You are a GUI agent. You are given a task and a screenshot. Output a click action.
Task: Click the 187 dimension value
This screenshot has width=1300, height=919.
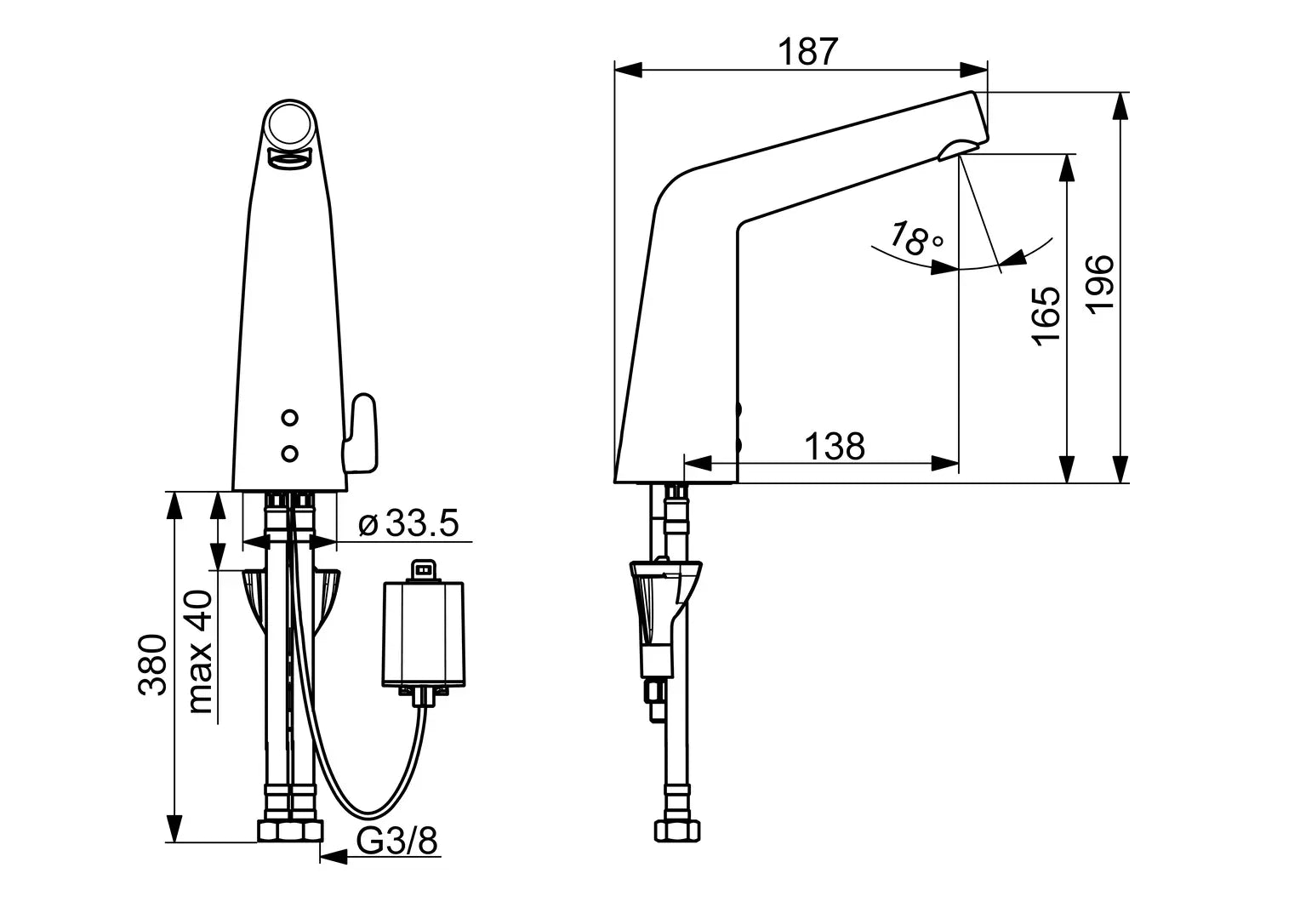point(807,52)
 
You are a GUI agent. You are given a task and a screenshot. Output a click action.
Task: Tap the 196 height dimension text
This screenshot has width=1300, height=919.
point(1100,285)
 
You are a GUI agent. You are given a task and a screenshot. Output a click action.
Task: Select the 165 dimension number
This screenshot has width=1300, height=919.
point(1046,317)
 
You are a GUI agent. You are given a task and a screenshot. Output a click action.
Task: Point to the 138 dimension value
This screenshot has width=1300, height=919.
point(835,447)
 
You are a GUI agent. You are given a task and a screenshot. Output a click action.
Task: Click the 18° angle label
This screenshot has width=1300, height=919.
point(915,238)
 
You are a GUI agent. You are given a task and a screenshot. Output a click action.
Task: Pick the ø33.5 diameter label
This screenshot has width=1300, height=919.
point(408,522)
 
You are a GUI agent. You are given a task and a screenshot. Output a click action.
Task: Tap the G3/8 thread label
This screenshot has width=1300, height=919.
point(397,841)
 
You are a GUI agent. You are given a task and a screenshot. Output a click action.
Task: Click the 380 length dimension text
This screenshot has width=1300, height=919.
point(152,665)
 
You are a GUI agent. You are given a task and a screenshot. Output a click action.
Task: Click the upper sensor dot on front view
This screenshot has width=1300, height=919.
point(289,418)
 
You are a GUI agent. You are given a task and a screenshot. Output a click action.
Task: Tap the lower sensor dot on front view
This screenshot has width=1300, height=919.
point(289,454)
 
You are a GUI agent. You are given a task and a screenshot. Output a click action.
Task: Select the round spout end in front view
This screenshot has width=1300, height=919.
point(290,125)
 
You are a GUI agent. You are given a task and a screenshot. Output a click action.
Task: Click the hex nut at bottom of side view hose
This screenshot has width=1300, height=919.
point(677,831)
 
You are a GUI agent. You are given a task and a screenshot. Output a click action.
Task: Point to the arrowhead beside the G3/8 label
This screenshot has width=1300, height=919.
point(334,857)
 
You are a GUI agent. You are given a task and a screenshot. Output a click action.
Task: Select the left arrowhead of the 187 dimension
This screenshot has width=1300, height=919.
point(629,70)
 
